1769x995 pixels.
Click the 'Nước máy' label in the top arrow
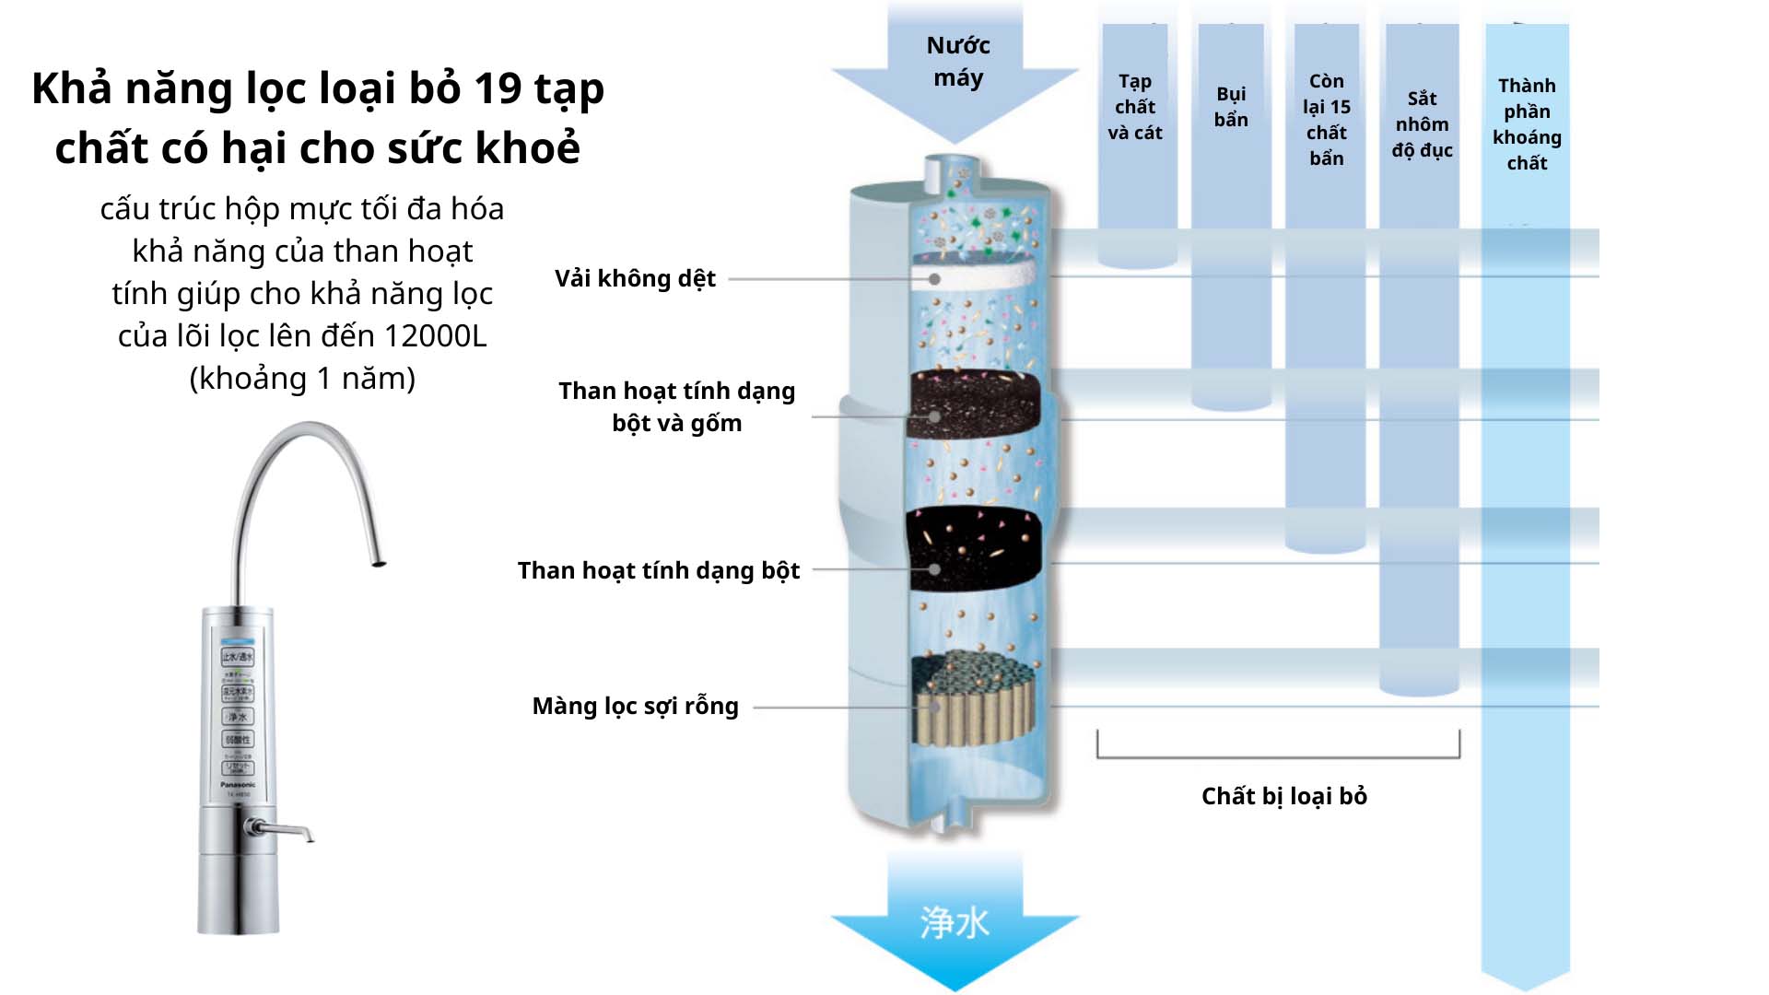coord(957,62)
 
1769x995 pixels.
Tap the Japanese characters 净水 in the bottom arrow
coord(955,922)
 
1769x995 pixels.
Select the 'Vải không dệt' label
coord(635,278)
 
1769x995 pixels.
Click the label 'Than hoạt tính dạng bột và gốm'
coord(676,406)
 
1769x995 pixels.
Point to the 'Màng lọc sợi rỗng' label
coord(635,706)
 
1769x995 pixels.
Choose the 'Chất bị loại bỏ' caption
coord(1283,796)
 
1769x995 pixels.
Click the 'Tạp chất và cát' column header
coord(1135,107)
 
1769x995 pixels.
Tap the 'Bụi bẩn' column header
coord(1231,107)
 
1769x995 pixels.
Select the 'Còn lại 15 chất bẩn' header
coord(1327,120)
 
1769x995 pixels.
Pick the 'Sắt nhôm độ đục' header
coord(1422,124)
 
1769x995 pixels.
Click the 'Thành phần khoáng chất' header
coord(1527,124)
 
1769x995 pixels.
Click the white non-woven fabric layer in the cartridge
coord(977,275)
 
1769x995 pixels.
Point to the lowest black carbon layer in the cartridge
coord(975,548)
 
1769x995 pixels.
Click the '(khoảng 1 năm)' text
coord(302,378)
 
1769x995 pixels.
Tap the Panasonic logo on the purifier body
coord(238,785)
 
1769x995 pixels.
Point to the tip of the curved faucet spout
coord(377,562)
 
